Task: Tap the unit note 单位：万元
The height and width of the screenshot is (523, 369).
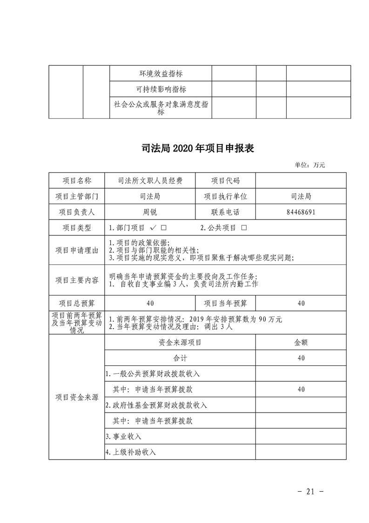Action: [310, 165]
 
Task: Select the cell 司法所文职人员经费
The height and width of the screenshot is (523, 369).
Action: [150, 181]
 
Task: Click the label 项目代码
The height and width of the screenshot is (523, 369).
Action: [225, 181]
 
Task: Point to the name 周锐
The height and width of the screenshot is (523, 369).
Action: [150, 212]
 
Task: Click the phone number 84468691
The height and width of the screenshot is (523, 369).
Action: [301, 212]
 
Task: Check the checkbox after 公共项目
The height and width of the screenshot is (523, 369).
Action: [244, 228]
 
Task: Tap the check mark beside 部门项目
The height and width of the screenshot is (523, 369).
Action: [154, 228]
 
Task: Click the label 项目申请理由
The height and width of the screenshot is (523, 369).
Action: [77, 250]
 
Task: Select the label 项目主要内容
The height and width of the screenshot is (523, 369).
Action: [77, 280]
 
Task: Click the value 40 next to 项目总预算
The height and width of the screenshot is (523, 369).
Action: [150, 303]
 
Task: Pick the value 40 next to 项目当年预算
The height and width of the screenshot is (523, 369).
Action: [301, 303]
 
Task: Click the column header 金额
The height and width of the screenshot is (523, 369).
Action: [301, 342]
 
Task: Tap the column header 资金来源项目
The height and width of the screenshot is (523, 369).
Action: [180, 342]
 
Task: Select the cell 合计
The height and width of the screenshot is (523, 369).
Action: [180, 358]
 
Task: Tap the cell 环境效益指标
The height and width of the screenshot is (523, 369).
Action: [161, 73]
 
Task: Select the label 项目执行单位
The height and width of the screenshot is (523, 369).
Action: [225, 197]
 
